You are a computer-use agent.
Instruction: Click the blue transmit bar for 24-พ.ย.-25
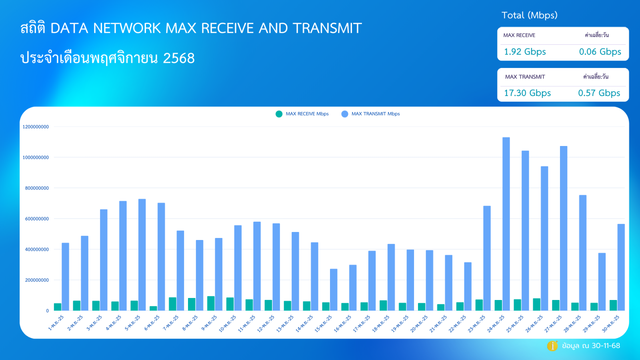506,224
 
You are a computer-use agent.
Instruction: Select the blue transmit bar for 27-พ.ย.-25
564,228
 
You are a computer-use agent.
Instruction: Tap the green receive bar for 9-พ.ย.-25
211,304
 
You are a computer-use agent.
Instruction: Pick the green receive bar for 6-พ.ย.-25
153,308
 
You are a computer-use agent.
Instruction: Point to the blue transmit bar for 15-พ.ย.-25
334,290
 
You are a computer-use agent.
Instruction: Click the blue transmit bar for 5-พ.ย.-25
142,255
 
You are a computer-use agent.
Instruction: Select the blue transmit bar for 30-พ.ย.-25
621,267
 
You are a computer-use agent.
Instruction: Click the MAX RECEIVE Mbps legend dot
279,114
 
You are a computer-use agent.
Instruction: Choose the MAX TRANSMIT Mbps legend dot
345,114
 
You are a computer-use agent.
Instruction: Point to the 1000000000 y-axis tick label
36,158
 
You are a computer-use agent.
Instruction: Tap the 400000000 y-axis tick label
37,250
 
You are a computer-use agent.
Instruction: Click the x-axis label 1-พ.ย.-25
56,323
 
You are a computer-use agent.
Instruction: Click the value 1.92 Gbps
525,52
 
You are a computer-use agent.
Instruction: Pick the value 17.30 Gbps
527,93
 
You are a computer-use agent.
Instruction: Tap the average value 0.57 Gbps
599,93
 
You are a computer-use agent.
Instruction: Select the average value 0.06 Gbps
600,52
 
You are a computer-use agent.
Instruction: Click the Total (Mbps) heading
529,16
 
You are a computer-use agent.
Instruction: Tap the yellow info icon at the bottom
552,346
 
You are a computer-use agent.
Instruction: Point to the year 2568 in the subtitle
179,58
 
